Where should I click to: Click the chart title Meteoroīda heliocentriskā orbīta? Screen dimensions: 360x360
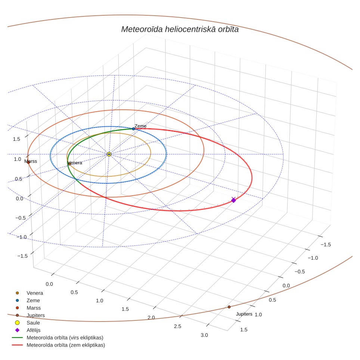(x=180, y=29)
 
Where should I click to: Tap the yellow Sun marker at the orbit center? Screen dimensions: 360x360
(x=109, y=154)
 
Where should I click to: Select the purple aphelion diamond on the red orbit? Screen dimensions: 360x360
(x=233, y=200)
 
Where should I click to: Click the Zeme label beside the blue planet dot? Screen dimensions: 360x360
(x=140, y=126)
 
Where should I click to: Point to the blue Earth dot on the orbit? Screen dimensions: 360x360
(x=133, y=129)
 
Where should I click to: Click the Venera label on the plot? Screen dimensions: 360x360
(x=75, y=163)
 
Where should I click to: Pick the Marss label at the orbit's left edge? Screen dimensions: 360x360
(x=31, y=161)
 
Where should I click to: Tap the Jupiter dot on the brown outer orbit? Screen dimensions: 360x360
(x=229, y=307)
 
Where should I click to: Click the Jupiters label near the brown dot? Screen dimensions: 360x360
(x=244, y=314)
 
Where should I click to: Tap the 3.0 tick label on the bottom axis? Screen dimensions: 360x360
(x=204, y=335)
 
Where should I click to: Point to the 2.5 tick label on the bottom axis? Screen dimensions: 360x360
(x=177, y=326)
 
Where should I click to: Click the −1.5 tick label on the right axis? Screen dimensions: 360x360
(x=326, y=245)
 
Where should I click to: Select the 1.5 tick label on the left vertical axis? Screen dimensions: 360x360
(x=16, y=139)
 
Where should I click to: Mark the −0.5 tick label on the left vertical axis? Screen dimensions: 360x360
(x=21, y=218)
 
